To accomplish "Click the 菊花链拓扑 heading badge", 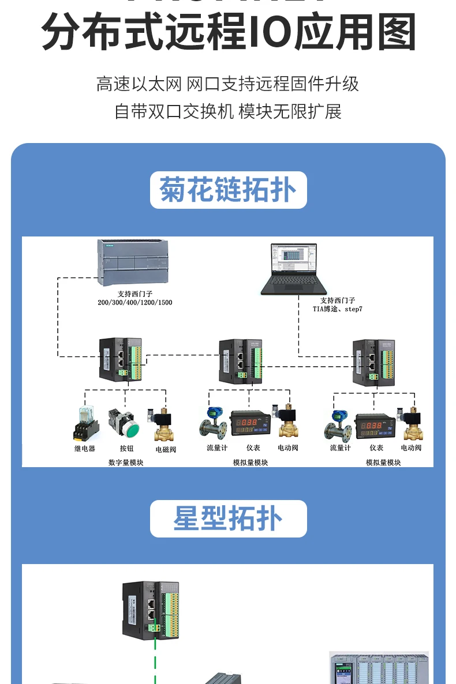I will (228, 190).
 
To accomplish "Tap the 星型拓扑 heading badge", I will (228, 518).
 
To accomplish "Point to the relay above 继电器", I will (85, 424).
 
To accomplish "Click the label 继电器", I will (85, 449).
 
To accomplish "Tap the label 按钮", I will (126, 449).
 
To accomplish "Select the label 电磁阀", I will (166, 449).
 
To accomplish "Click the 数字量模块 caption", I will (126, 462).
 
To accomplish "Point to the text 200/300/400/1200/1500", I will (135, 302).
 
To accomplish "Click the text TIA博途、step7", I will (338, 309).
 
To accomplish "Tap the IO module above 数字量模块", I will (120, 359).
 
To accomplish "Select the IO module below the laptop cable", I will (375, 362).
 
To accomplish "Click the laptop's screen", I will (294, 258).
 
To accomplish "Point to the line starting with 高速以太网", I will (228, 84).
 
